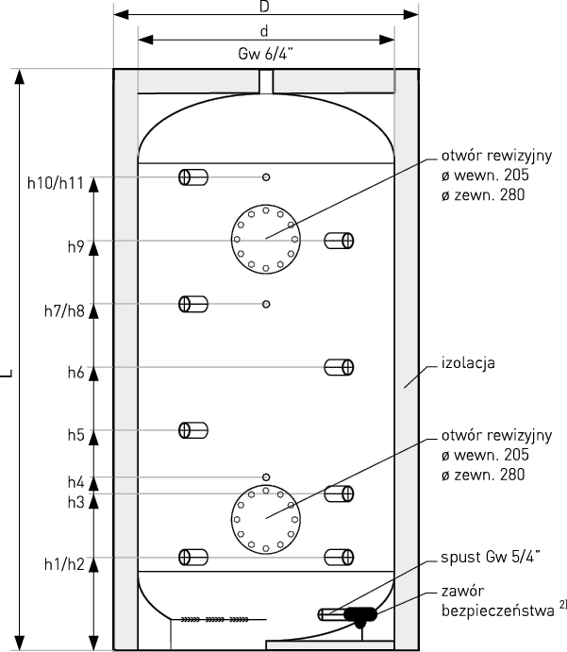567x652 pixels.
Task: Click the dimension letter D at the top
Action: pyautogui.click(x=264, y=6)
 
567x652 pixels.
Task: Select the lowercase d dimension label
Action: pyautogui.click(x=264, y=31)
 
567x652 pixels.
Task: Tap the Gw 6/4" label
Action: pyautogui.click(x=266, y=54)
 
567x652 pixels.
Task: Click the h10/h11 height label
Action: pyautogui.click(x=56, y=183)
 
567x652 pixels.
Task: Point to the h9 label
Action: pyautogui.click(x=76, y=246)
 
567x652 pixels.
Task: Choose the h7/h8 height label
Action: pyautogui.click(x=64, y=310)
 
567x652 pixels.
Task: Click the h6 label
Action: pyautogui.click(x=76, y=372)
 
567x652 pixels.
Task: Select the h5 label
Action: pyautogui.click(x=76, y=435)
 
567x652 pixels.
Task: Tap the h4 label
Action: pyautogui.click(x=76, y=482)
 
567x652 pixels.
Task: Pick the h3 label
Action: pyautogui.click(x=76, y=502)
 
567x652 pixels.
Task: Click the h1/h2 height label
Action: pyautogui.click(x=64, y=564)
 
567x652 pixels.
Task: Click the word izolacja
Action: pyautogui.click(x=468, y=363)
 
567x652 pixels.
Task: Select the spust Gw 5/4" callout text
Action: pyautogui.click(x=491, y=557)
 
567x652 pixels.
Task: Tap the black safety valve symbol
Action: pyautogui.click(x=360, y=617)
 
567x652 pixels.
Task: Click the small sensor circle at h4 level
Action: pyautogui.click(x=266, y=476)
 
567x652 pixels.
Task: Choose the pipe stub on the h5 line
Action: pyautogui.click(x=193, y=430)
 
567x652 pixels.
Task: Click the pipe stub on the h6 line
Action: pyautogui.click(x=339, y=368)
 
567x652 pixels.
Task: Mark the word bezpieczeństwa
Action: pyautogui.click(x=497, y=610)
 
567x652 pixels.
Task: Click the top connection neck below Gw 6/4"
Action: pyautogui.click(x=266, y=81)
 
